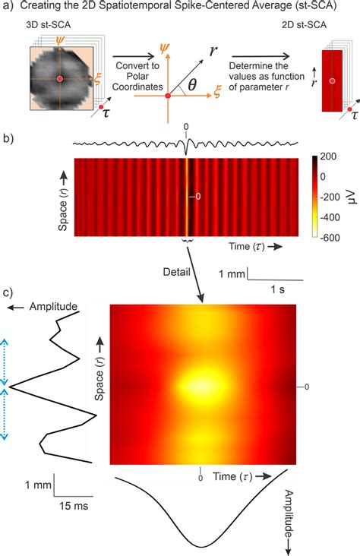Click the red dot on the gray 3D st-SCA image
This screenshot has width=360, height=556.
pyautogui.click(x=60, y=79)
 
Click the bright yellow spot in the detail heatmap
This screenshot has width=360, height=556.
pyautogui.click(x=200, y=385)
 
